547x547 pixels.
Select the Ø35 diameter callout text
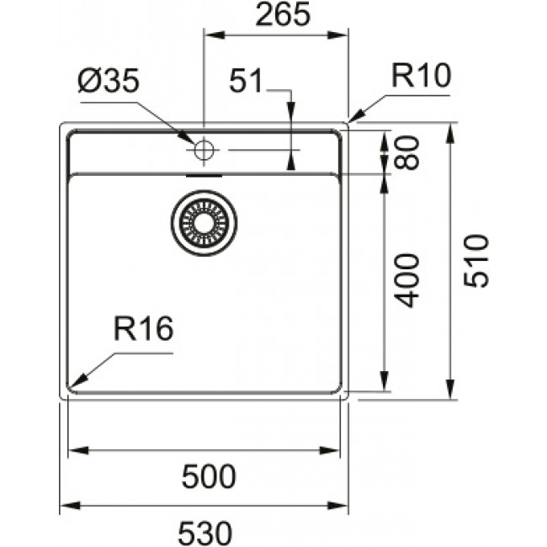point(110,82)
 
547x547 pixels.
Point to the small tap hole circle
point(204,151)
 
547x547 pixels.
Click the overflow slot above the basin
point(204,176)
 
